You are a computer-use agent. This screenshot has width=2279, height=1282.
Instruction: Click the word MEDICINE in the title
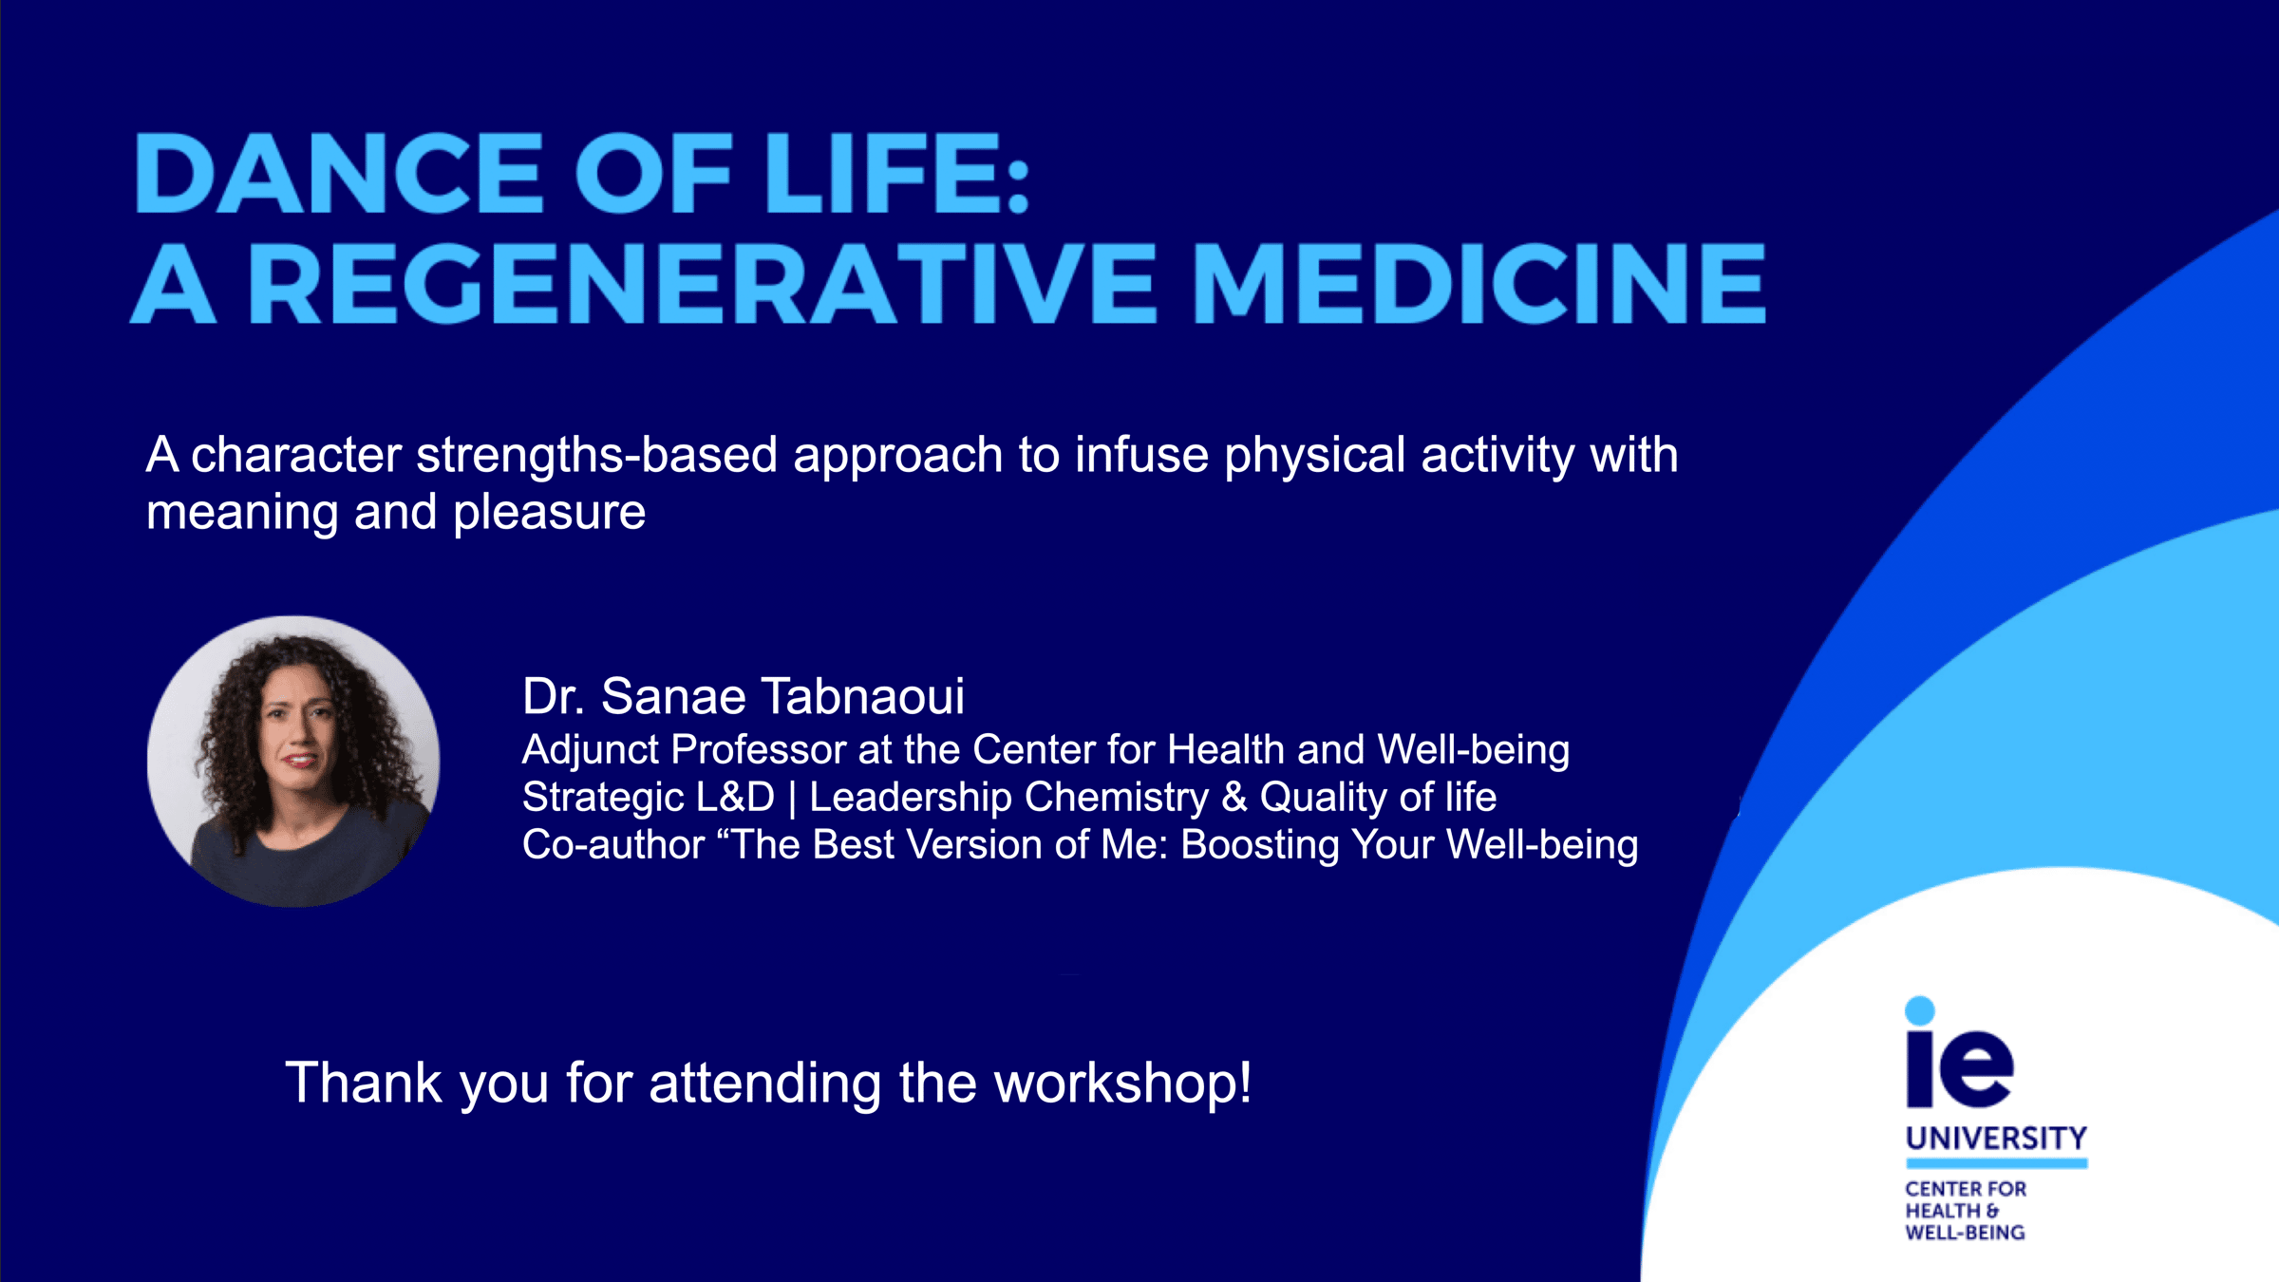[1479, 283]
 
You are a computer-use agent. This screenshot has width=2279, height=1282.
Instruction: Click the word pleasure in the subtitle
[549, 514]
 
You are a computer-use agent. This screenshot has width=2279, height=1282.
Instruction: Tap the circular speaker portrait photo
[293, 762]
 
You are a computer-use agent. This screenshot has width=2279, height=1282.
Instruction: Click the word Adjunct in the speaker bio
[590, 750]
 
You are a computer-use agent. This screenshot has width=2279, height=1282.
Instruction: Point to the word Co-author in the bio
[613, 845]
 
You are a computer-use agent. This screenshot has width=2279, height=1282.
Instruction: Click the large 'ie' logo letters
[1960, 1068]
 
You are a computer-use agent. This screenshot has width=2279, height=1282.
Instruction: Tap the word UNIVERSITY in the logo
[1996, 1138]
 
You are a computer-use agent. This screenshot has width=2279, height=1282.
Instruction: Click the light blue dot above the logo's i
[1920, 1010]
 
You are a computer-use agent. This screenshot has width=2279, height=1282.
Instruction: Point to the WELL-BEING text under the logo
[1965, 1233]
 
